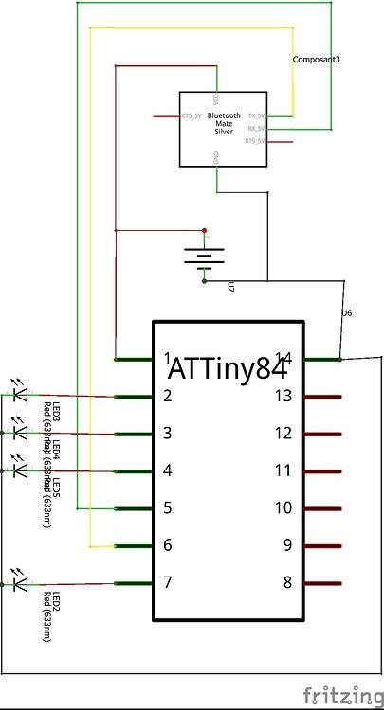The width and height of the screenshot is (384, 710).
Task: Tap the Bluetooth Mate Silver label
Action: [x=224, y=122]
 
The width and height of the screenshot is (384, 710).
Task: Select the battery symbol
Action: [x=203, y=256]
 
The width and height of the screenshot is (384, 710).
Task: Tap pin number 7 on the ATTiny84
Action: [x=167, y=582]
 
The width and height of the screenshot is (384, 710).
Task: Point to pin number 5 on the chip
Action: [x=167, y=507]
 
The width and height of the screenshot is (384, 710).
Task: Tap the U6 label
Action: [x=345, y=312]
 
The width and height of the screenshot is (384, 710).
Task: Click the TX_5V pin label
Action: [x=256, y=115]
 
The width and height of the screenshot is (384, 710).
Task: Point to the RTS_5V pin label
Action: [x=256, y=141]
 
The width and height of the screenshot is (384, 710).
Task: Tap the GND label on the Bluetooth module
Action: [x=217, y=161]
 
